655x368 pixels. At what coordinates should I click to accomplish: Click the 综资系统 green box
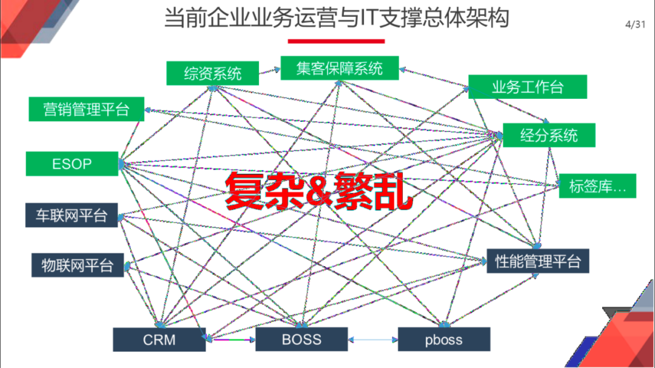point(213,73)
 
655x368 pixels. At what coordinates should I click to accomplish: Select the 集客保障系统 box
point(340,68)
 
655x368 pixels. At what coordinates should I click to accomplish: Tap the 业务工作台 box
point(527,87)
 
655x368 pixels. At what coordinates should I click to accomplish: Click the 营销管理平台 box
point(86,109)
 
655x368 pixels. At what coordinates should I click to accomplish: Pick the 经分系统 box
point(549,135)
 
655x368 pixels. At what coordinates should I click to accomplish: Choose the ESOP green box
point(72,164)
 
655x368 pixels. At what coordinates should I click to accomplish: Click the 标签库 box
point(597,186)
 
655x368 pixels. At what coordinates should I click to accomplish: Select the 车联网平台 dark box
point(71,215)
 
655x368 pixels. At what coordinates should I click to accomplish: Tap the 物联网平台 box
point(77,265)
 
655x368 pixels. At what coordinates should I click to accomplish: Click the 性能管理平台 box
point(538,261)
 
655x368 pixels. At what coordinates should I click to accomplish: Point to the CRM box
point(159,340)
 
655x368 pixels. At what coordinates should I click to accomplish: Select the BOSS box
point(301,339)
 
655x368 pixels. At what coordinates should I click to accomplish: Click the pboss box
point(444,340)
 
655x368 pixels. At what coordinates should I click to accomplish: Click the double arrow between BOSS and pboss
point(373,339)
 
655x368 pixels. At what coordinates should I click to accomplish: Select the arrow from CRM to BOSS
point(230,339)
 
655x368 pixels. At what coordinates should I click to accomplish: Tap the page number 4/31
point(634,24)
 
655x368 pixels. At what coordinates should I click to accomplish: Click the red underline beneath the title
point(336,41)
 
